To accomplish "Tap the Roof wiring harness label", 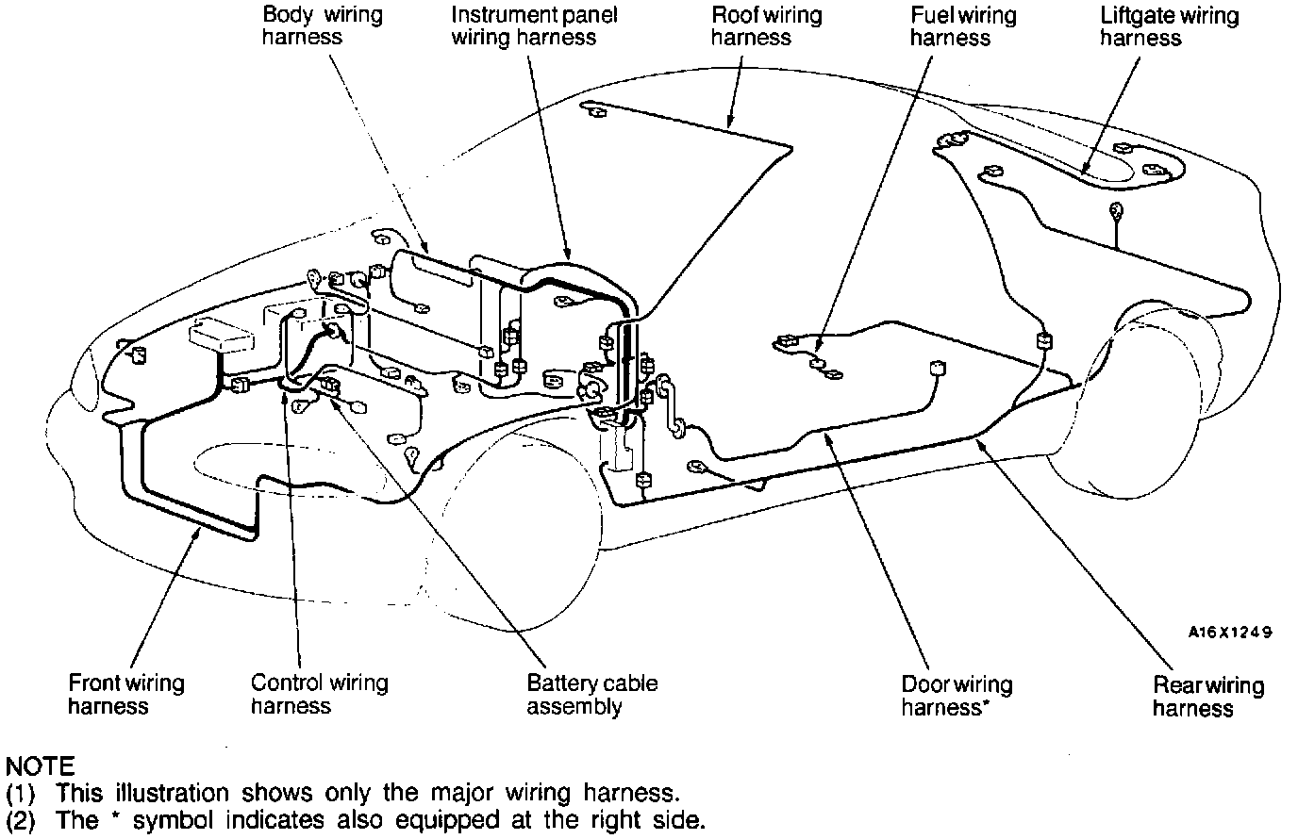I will (x=752, y=26).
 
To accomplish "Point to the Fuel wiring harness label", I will (x=950, y=26).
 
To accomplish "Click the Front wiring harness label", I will (x=125, y=694).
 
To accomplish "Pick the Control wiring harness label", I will (x=319, y=694).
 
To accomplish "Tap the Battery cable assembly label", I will (x=591, y=695).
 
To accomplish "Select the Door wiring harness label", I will (x=956, y=696).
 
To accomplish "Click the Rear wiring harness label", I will (x=1207, y=697).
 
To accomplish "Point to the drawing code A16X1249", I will (x=1229, y=633).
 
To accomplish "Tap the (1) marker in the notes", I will (x=20, y=793).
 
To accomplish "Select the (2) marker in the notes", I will (x=20, y=820).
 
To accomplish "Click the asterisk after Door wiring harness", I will (x=986, y=703).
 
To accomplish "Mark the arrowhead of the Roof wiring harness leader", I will (x=730, y=124).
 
